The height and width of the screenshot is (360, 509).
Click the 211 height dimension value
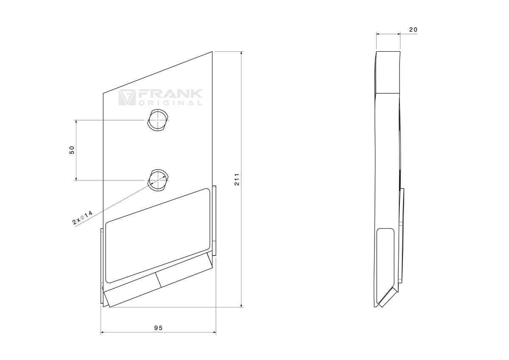(237, 179)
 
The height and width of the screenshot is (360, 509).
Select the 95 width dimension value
(158, 328)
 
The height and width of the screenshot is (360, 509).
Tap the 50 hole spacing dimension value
(72, 150)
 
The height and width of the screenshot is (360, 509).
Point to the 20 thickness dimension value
(413, 30)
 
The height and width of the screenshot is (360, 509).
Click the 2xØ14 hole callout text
(82, 218)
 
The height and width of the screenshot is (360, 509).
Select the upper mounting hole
(158, 120)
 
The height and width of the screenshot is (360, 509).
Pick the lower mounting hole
(158, 180)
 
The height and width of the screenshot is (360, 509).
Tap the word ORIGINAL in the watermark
(170, 103)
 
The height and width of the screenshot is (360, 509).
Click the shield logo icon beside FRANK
(127, 97)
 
